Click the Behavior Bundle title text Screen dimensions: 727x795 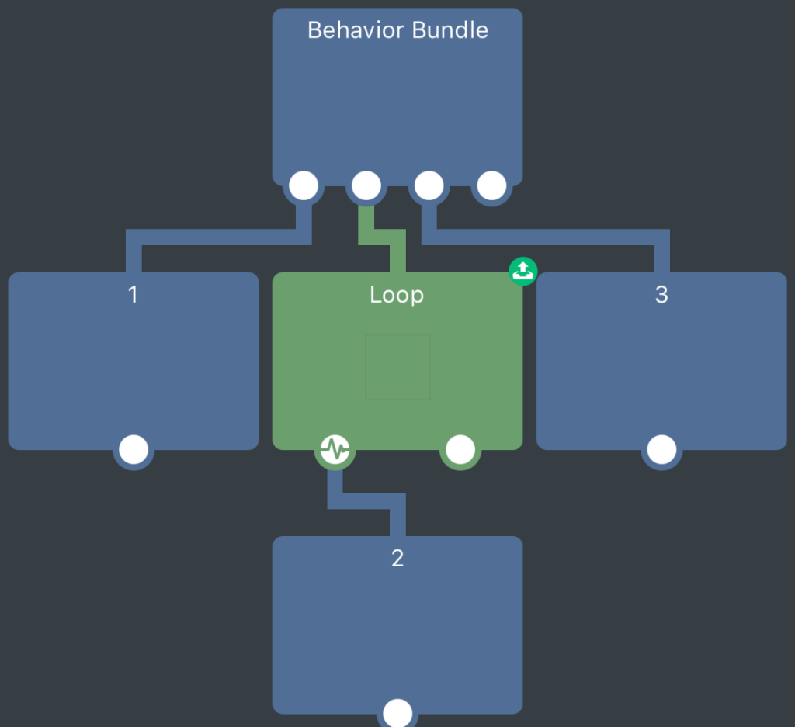[x=397, y=30]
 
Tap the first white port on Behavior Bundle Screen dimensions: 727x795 [x=304, y=186]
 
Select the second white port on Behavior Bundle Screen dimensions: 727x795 [x=366, y=186]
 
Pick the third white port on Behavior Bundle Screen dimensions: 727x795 [x=429, y=186]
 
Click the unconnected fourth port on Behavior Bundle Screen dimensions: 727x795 [x=491, y=186]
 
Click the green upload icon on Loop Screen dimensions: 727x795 [x=523, y=271]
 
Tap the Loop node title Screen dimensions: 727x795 [x=397, y=295]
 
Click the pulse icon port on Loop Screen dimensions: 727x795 [x=335, y=449]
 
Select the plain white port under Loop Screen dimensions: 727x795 [x=460, y=449]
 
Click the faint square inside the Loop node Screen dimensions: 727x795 [x=397, y=367]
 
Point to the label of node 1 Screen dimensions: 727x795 [x=133, y=295]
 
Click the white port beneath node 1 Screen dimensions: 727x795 [x=134, y=450]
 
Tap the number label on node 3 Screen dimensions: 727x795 [x=661, y=295]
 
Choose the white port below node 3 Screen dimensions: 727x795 [x=661, y=450]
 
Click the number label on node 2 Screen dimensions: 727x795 [x=397, y=559]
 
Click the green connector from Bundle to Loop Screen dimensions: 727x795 [x=382, y=237]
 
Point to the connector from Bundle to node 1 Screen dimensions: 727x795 [x=217, y=237]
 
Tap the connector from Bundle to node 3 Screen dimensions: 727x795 [x=543, y=237]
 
